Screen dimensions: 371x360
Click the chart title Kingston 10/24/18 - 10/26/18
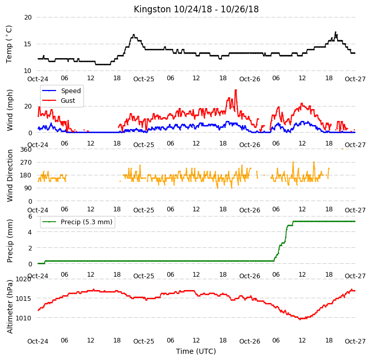[196, 9]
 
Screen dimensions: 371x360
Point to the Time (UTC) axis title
[196, 351]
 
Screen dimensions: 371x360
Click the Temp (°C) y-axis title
[9, 44]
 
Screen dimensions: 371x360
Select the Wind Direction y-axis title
[10, 175]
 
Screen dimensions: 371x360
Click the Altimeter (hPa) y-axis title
[10, 307]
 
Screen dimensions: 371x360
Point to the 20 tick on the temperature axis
[28, 17]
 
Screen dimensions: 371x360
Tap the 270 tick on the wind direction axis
[26, 163]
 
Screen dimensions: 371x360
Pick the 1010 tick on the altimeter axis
[24, 318]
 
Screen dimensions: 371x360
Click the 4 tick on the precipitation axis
[30, 232]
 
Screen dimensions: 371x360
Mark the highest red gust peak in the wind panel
[236, 90]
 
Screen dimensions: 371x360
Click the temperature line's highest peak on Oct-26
[335, 32]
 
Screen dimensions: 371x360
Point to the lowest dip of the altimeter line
[301, 319]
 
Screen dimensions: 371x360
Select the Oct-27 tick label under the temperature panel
[355, 79]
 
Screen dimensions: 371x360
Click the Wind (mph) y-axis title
[10, 110]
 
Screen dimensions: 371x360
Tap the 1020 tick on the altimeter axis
[24, 279]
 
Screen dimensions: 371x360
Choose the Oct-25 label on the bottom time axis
[144, 341]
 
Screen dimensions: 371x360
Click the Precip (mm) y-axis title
[10, 241]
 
